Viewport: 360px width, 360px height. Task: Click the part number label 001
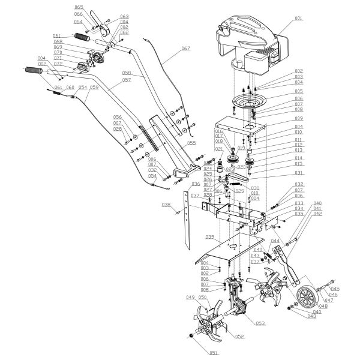[298, 19]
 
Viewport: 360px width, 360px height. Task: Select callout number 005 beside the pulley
[298, 91]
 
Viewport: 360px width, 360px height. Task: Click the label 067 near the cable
[185, 47]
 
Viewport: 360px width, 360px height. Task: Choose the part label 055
[191, 143]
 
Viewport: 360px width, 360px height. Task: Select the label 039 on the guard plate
[210, 237]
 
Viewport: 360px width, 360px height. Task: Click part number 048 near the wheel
[323, 305]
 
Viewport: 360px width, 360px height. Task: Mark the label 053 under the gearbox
[260, 323]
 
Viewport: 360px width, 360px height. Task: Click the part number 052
[239, 337]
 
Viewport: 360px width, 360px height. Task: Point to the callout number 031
[298, 173]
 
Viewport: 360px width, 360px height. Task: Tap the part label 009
[298, 119]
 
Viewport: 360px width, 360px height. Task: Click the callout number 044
[275, 241]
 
